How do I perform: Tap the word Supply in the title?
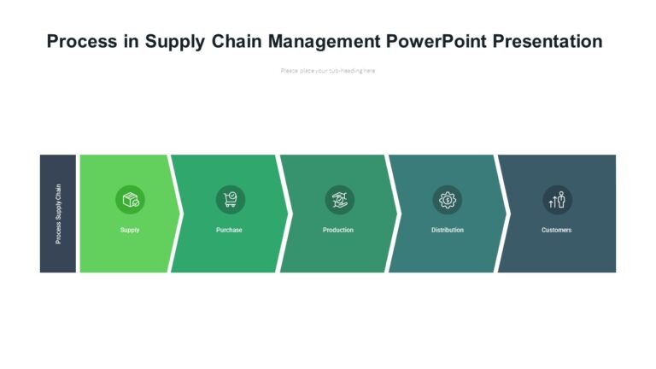[x=173, y=42]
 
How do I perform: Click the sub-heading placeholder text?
[x=328, y=71]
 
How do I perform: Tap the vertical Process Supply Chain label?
[x=58, y=214]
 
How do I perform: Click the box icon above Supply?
[x=130, y=200]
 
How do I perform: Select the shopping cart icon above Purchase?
[x=230, y=200]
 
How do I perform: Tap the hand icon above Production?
[x=338, y=200]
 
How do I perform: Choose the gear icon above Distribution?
[x=447, y=200]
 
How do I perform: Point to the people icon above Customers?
[x=556, y=200]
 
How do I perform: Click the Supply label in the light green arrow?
[x=130, y=230]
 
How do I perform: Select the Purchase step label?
[x=229, y=230]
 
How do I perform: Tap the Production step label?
[x=338, y=230]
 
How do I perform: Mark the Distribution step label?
[x=447, y=230]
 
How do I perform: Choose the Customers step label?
[x=556, y=230]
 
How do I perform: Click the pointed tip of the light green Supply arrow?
[x=180, y=214]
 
